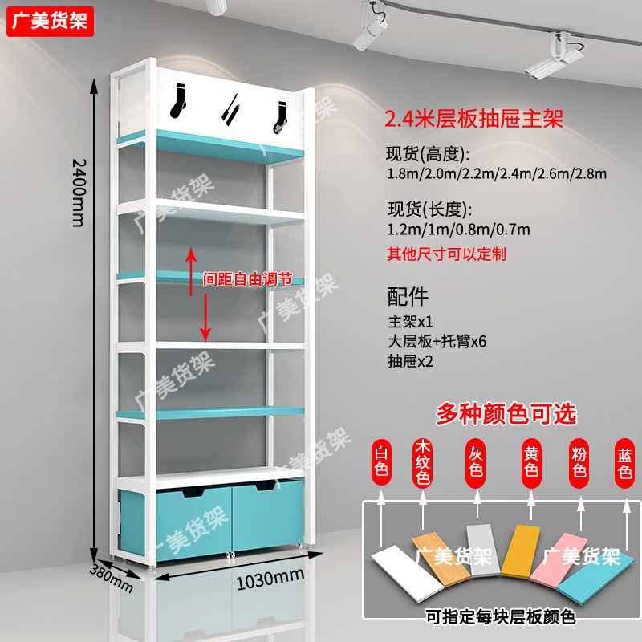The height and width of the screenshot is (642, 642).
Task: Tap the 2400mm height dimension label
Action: (x=78, y=191)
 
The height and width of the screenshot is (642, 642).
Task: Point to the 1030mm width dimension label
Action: (x=270, y=576)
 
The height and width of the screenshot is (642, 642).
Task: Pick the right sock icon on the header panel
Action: (x=282, y=114)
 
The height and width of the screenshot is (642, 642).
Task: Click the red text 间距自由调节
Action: (x=242, y=279)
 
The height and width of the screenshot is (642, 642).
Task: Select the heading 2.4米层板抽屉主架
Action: (x=473, y=119)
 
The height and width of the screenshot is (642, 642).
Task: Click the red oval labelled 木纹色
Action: (x=423, y=463)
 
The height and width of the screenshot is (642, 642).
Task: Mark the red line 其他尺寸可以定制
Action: (x=446, y=254)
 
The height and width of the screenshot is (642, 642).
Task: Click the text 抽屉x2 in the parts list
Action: (x=410, y=362)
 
